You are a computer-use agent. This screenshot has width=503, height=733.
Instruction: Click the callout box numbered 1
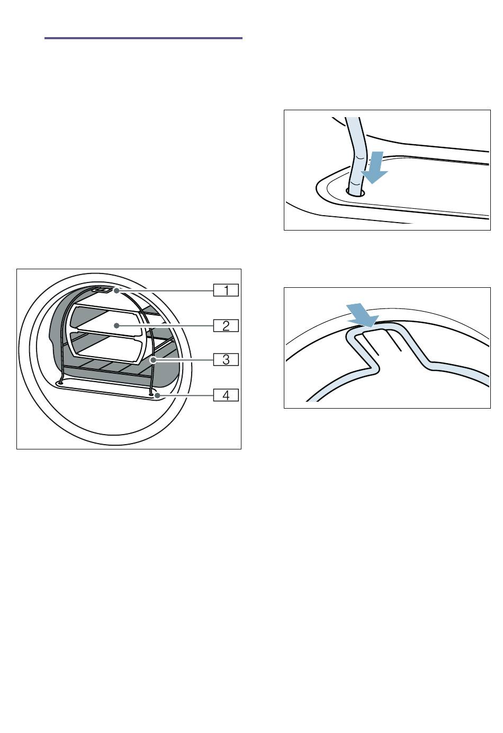click(x=226, y=290)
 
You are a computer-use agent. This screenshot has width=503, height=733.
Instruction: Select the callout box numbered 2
click(x=226, y=325)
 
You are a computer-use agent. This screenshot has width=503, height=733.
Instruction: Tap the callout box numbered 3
click(x=226, y=360)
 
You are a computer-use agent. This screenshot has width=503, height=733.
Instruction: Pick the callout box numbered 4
click(x=226, y=395)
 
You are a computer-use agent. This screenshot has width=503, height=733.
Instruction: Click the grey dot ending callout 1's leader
click(x=116, y=290)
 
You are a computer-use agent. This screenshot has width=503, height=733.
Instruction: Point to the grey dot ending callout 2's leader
click(x=116, y=325)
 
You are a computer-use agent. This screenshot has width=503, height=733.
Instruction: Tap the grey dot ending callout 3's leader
click(x=152, y=360)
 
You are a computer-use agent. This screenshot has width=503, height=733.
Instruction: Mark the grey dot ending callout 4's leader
click(x=158, y=395)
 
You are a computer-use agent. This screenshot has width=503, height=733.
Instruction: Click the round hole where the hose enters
click(x=355, y=192)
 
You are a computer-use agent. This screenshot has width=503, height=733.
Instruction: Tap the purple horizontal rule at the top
click(x=143, y=38)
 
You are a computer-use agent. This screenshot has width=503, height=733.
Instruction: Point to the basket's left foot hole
click(x=60, y=382)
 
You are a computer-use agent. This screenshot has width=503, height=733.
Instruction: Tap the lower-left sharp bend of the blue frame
click(x=375, y=367)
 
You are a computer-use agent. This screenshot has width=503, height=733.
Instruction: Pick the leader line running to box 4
click(x=186, y=395)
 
